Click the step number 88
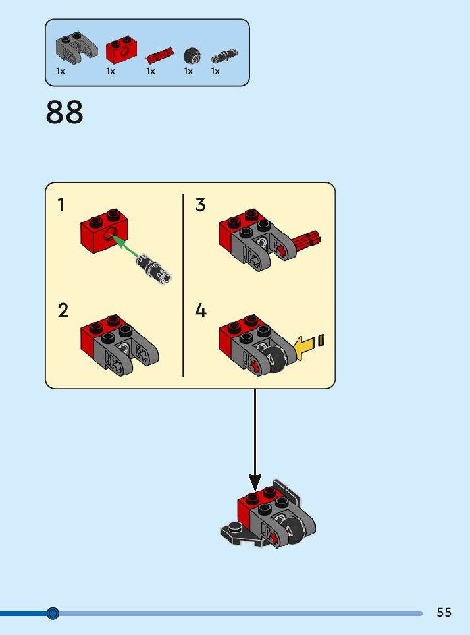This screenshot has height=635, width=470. [x=65, y=113]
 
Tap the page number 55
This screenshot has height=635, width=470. [x=444, y=612]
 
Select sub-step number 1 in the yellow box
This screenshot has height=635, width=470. [x=61, y=205]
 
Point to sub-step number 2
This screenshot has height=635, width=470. [x=63, y=310]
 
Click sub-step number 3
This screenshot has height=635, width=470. [x=201, y=205]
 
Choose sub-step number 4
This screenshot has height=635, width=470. [x=201, y=310]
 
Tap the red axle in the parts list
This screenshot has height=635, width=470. [x=160, y=53]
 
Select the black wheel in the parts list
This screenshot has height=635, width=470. [x=192, y=55]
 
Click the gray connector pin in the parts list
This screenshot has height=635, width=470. [x=224, y=56]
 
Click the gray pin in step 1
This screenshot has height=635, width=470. [x=154, y=268]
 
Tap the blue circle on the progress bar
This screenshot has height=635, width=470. [x=53, y=613]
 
